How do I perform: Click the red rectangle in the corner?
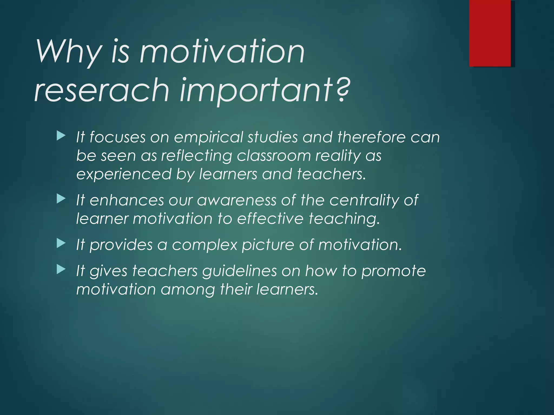tap(490, 33)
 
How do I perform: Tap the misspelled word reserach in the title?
tap(102, 90)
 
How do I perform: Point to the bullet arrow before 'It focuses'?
tap(61, 136)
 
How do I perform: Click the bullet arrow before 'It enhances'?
tap(61, 199)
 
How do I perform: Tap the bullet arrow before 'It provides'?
tap(61, 244)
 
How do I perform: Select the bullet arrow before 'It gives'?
tap(61, 269)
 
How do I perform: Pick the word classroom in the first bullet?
tap(273, 156)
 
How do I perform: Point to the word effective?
tap(270, 219)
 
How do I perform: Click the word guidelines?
tap(239, 271)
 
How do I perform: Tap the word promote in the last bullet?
tap(394, 271)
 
